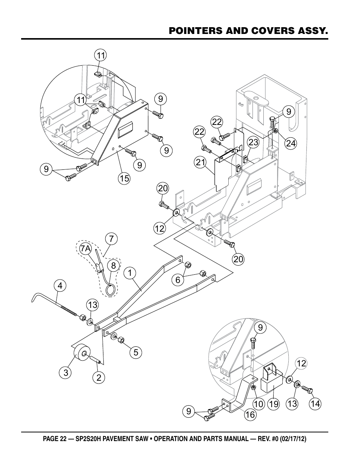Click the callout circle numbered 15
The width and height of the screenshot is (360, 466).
[125, 178]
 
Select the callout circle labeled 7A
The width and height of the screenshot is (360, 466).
[86, 249]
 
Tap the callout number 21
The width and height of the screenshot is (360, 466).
[200, 162]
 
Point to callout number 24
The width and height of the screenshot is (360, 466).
[291, 143]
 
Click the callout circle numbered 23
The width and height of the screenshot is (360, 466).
[253, 142]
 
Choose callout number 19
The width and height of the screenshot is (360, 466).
[274, 404]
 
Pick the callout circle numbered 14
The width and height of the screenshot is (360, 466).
[315, 404]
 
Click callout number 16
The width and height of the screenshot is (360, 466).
[250, 415]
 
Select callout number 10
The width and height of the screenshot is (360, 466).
[258, 404]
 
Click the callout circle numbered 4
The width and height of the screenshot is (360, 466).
[60, 286]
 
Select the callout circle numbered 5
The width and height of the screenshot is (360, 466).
[136, 352]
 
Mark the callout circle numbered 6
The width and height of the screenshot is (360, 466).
[178, 280]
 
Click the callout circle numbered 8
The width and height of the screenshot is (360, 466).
[114, 266]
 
